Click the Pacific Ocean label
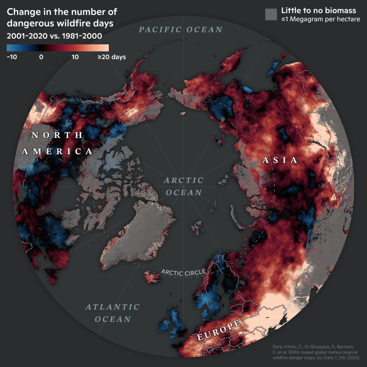(x=181, y=30)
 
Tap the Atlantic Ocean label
(x=113, y=313)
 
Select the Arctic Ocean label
(x=183, y=186)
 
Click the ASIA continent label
(x=280, y=160)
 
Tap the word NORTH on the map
(x=57, y=135)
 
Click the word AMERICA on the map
(x=57, y=151)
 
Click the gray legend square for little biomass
(x=271, y=14)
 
